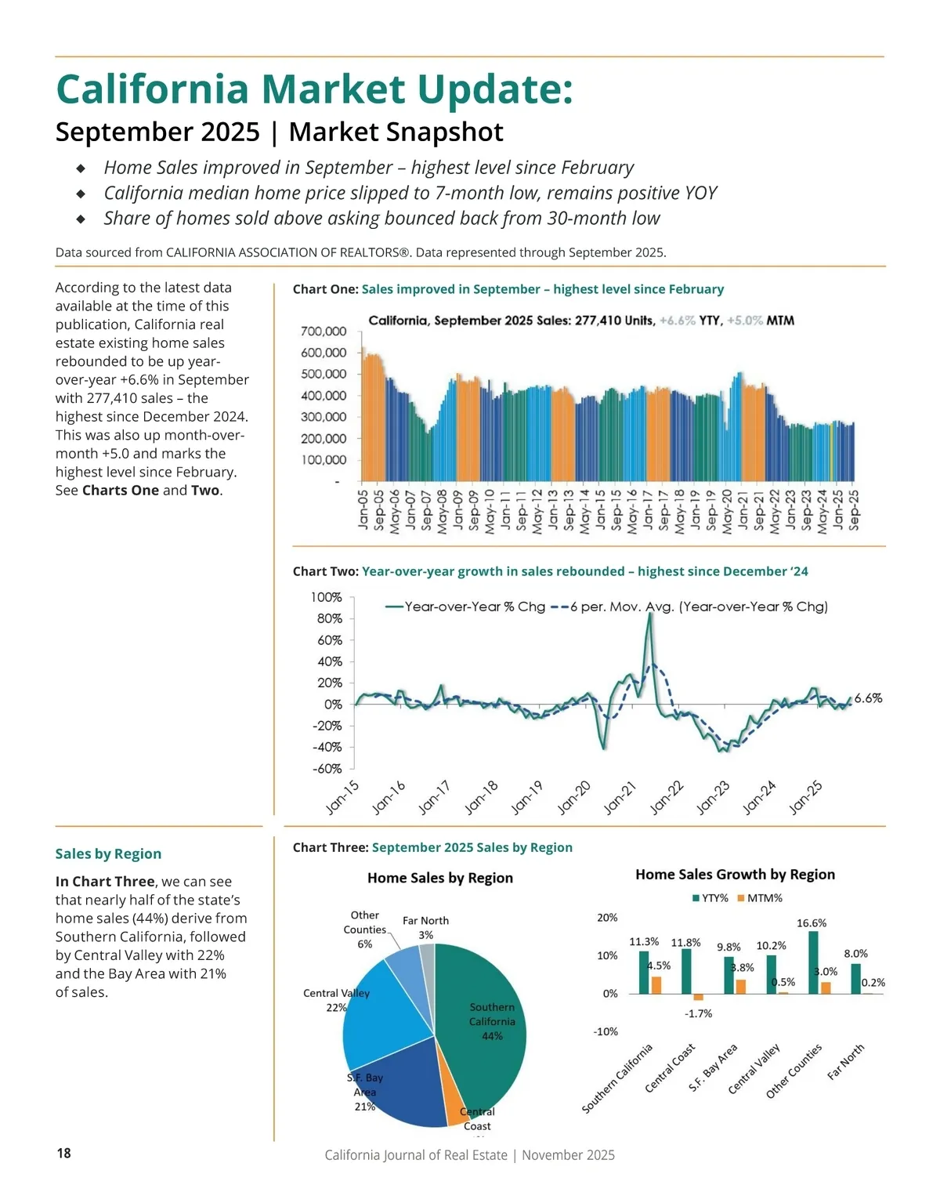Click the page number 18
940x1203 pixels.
pos(63,1153)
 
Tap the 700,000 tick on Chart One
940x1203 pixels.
pos(324,332)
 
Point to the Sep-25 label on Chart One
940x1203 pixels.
pos(854,509)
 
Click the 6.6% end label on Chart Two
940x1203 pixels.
pos(868,698)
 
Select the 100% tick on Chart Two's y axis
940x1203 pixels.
pos(327,597)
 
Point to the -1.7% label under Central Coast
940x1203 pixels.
pos(698,1013)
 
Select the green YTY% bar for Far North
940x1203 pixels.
pos(855,978)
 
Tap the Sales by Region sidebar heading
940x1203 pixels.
pos(108,853)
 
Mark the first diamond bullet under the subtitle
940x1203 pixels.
pos(81,168)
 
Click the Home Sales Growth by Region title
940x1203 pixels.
pos(735,875)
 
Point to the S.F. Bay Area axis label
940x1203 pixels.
pos(714,1067)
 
